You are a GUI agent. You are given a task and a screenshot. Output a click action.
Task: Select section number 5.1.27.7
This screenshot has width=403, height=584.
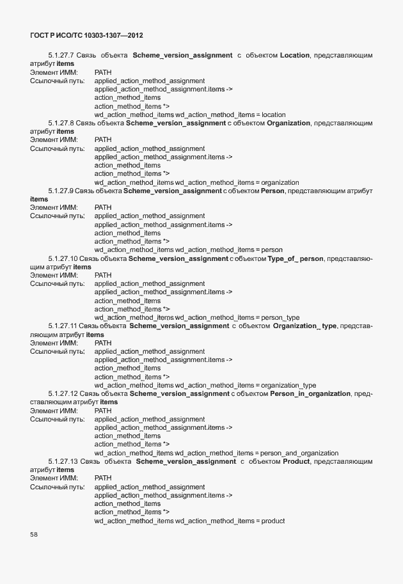coord(61,56)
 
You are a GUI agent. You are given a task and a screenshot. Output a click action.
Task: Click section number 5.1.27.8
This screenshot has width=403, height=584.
coord(61,123)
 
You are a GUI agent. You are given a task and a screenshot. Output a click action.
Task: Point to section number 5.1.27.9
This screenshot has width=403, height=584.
coord(61,191)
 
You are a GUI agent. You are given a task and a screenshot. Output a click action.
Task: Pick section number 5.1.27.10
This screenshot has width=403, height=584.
coord(63,258)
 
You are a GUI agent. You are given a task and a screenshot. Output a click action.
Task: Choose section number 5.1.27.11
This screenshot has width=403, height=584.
coord(63,326)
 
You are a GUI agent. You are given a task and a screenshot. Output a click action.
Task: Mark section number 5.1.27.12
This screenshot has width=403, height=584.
coord(63,393)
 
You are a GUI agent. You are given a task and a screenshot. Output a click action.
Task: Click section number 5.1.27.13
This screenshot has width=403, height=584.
coord(63,461)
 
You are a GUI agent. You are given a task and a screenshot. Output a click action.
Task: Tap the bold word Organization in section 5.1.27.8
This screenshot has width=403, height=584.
coord(288,123)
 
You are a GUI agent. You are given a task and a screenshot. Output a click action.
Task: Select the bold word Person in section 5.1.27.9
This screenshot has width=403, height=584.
coord(273,191)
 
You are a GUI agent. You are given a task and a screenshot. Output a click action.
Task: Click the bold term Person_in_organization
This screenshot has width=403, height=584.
coord(310,393)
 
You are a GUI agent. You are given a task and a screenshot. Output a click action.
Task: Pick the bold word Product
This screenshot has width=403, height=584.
coord(296,461)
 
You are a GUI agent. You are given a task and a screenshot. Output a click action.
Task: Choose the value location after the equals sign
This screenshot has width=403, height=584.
coord(274,114)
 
